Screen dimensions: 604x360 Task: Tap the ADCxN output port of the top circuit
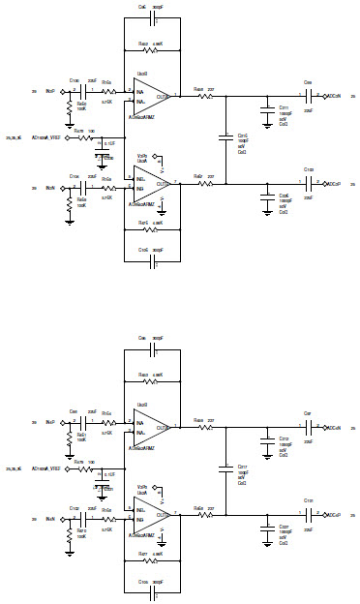332,95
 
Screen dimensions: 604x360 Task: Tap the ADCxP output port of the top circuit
332,183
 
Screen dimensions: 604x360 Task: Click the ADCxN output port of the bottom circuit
332,426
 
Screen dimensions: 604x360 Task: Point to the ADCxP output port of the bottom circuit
332,514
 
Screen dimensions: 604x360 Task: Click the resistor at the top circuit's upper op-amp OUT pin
204,95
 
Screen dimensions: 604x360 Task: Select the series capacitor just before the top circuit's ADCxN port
310,95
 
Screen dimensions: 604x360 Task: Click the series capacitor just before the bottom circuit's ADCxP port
310,514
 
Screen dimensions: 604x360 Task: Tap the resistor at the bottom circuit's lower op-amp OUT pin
204,514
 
